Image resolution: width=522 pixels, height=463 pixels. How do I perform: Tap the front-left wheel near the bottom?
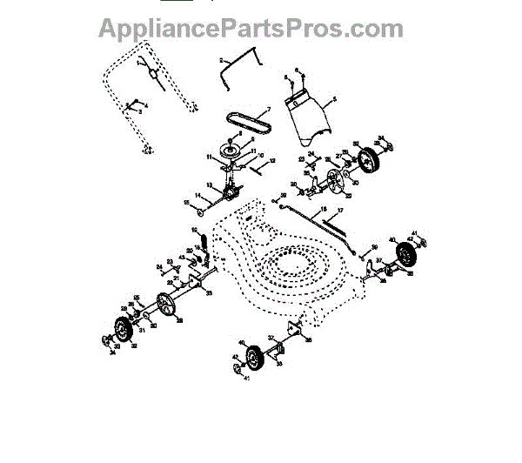254,358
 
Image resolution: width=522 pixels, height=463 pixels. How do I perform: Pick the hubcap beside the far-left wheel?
107,339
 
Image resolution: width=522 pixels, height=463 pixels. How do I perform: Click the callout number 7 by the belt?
270,109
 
